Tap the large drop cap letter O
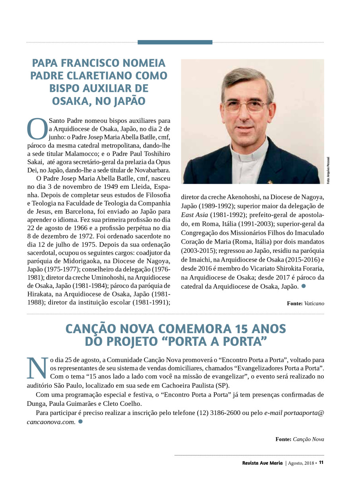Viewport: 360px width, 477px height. click(x=37, y=128)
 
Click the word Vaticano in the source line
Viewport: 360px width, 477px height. click(x=314, y=303)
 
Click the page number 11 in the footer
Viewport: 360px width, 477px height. click(x=321, y=463)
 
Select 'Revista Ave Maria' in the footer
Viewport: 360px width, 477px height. click(x=263, y=463)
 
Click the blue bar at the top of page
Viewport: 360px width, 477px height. click(x=175, y=42)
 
